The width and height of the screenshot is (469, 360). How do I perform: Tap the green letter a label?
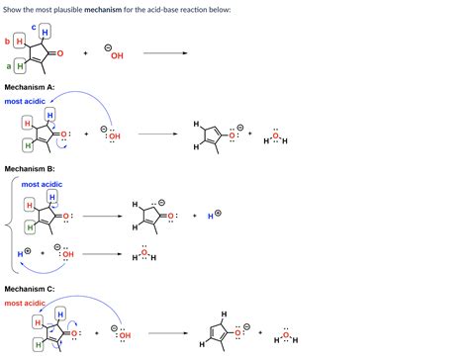tap(8, 66)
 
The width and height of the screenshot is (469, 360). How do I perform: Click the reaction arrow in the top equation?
tap(165, 54)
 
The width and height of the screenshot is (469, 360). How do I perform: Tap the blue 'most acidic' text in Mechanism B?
tap(42, 185)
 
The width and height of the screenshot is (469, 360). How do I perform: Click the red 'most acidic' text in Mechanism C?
tap(25, 302)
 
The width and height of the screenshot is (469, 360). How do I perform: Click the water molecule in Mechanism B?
tap(143, 255)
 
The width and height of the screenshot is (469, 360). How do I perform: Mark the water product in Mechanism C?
tap(285, 336)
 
